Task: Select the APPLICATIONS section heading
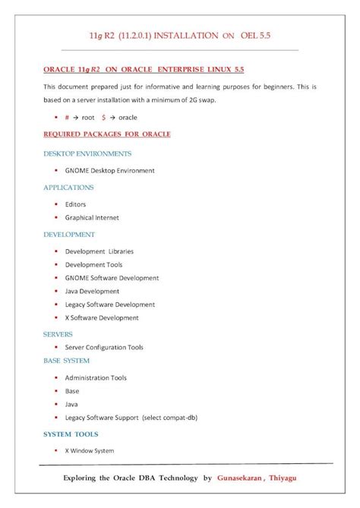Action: click(x=68, y=187)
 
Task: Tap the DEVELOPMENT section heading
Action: click(x=69, y=235)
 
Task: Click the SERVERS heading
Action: click(x=58, y=333)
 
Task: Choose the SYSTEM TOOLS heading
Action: click(x=71, y=434)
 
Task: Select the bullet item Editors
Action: click(x=75, y=204)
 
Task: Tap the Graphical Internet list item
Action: click(x=92, y=217)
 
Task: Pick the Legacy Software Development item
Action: click(x=110, y=304)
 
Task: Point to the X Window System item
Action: click(x=90, y=451)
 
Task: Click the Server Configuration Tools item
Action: click(x=104, y=347)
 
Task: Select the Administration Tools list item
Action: click(x=96, y=377)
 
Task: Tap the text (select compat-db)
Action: click(x=170, y=418)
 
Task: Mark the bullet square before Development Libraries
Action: click(x=56, y=251)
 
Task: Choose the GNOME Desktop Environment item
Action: click(x=109, y=171)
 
